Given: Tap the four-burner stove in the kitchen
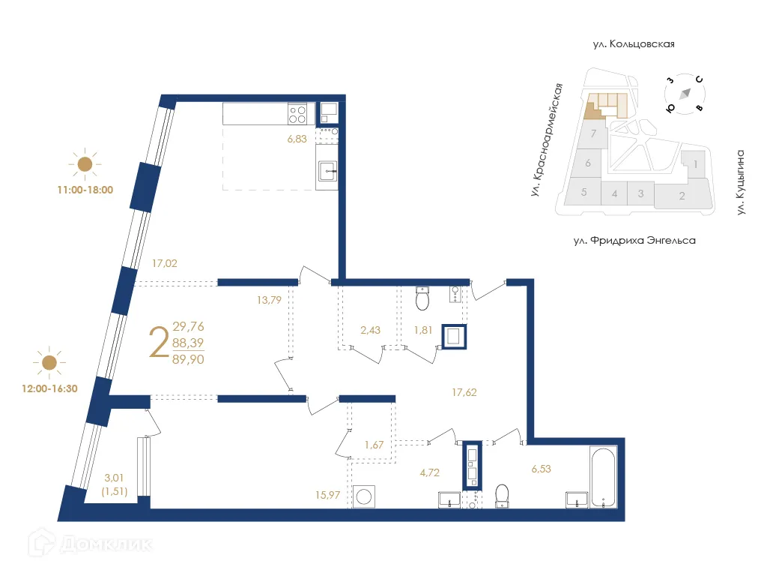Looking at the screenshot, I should [297, 114].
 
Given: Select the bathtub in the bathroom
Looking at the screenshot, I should [603, 477].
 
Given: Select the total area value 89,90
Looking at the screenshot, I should [188, 359].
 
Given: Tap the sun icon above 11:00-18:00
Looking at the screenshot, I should [85, 163].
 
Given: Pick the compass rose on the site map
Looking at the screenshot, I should [685, 94].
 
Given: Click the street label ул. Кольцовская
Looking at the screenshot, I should [634, 44].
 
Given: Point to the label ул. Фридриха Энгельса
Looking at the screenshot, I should [634, 241].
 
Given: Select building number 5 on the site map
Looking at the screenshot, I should [584, 192].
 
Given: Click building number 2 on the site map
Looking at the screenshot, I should [682, 196].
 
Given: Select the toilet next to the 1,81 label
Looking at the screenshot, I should [422, 299].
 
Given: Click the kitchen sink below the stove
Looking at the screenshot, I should [327, 172].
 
